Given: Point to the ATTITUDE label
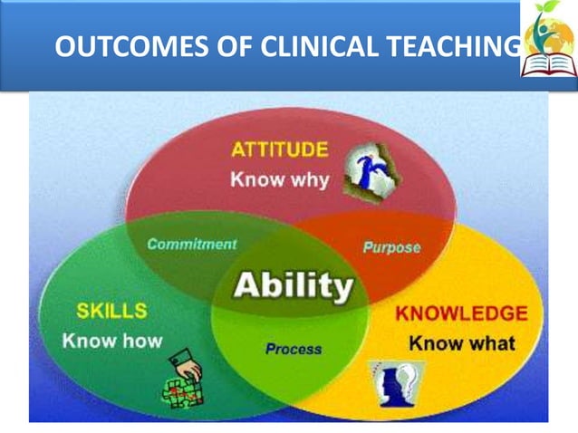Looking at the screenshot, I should (280, 150).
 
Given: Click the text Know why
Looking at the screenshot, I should (280, 178).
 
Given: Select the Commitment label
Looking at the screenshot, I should (191, 244).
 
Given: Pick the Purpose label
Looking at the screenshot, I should (391, 246).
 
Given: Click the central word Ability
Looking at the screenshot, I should (293, 286).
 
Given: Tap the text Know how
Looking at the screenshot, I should (112, 341).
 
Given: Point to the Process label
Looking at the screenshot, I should (293, 348).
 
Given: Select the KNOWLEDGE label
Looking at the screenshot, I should (461, 314).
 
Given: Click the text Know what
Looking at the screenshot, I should (461, 343).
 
